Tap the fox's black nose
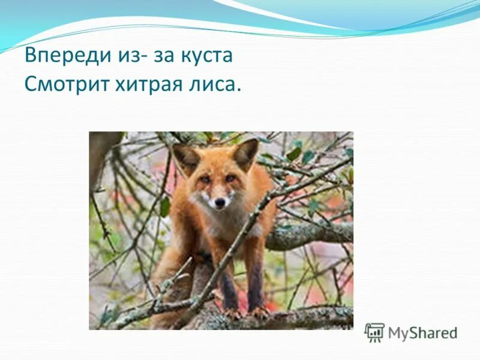220,203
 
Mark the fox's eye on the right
230,178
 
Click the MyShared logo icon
374,332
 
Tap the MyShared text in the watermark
422,333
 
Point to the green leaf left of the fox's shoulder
164,207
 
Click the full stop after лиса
238,90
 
